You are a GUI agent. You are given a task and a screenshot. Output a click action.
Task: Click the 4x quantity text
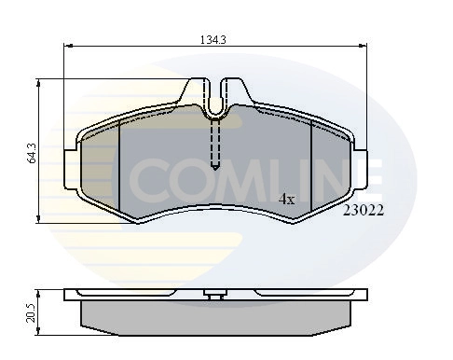[x=287, y=199]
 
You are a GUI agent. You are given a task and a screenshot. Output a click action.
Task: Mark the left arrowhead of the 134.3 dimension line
[x=68, y=48]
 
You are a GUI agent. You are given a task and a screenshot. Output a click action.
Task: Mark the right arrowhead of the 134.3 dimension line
[x=364, y=48]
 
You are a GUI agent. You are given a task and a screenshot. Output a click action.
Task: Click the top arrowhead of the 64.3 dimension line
[x=38, y=83]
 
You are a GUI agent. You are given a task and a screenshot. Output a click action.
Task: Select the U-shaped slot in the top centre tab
[x=215, y=104]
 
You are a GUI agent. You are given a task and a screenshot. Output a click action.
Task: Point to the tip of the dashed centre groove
[x=215, y=167]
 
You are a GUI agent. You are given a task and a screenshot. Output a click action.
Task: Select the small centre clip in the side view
[x=215, y=298]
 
